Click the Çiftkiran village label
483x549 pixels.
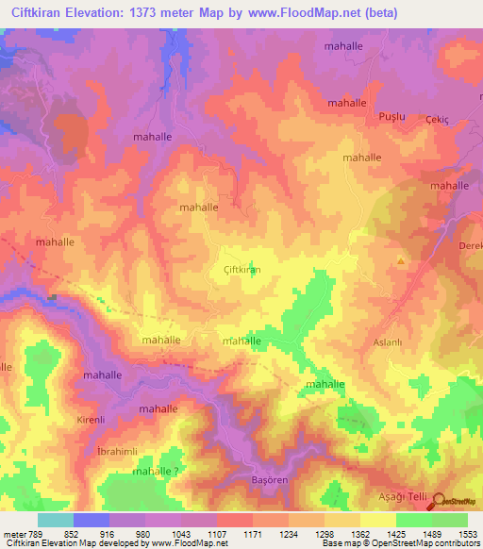[240, 270]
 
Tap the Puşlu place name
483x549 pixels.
[391, 115]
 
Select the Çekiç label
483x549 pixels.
[437, 119]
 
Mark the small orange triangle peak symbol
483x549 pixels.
[401, 260]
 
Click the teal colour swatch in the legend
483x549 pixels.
[55, 520]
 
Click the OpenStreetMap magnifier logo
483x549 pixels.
[437, 503]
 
